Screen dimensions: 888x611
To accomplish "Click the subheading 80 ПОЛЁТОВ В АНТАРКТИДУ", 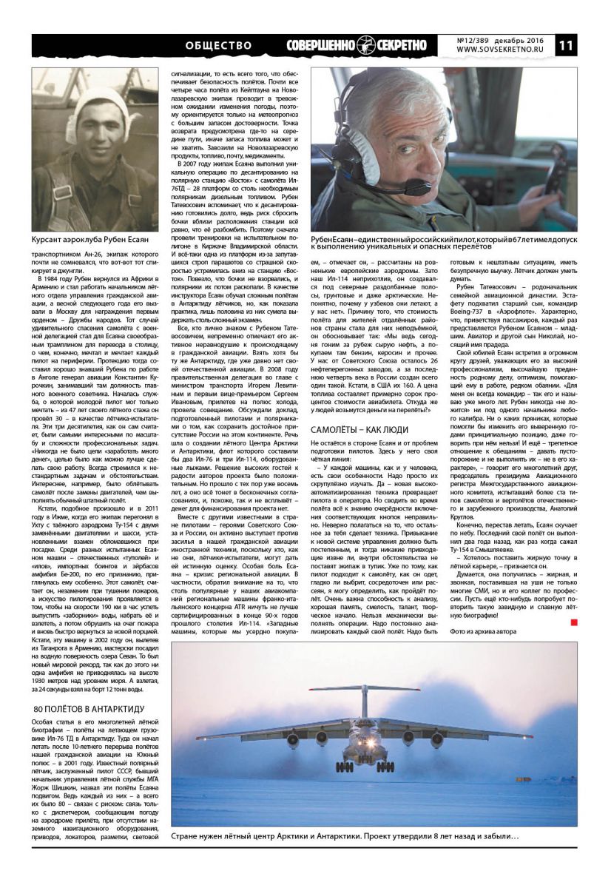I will pos(89,709).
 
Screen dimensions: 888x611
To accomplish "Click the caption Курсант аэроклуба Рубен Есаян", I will pos(90,240).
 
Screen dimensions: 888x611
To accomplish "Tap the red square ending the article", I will pos(573,623).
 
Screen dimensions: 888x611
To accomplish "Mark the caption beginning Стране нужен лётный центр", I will pos(345,836).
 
